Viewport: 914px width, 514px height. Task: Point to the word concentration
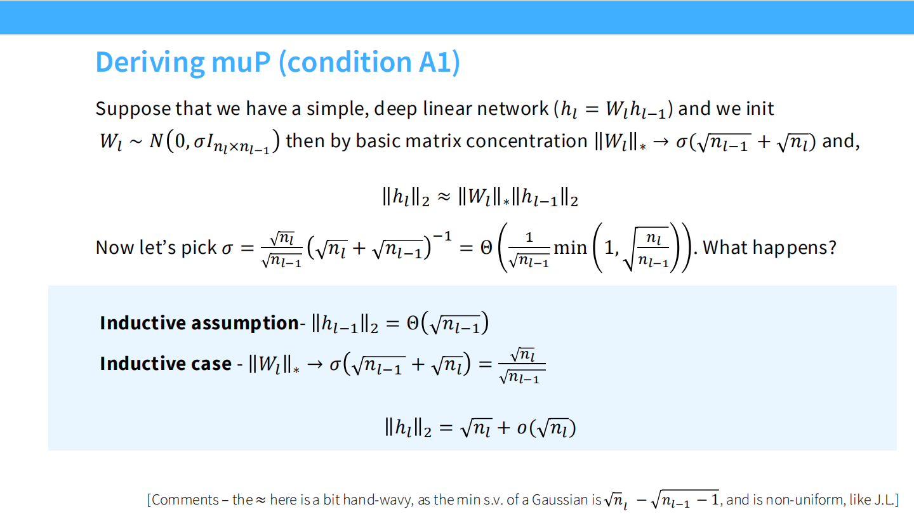point(527,140)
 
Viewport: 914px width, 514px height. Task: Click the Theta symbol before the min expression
point(486,247)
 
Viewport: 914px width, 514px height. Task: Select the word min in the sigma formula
point(570,247)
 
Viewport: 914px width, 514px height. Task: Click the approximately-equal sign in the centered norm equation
point(444,198)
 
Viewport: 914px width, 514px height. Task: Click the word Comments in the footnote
point(185,500)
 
